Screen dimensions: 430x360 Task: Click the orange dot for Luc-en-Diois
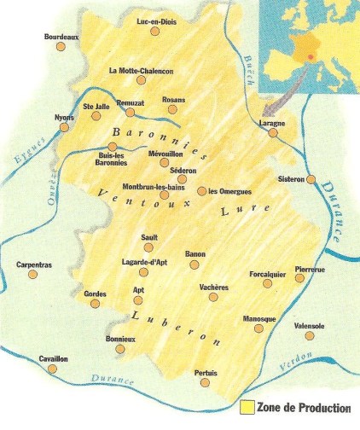154,31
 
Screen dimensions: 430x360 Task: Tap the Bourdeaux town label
61,37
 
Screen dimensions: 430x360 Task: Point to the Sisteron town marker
311,180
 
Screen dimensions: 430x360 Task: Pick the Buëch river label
249,63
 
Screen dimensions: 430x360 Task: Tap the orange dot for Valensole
309,336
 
